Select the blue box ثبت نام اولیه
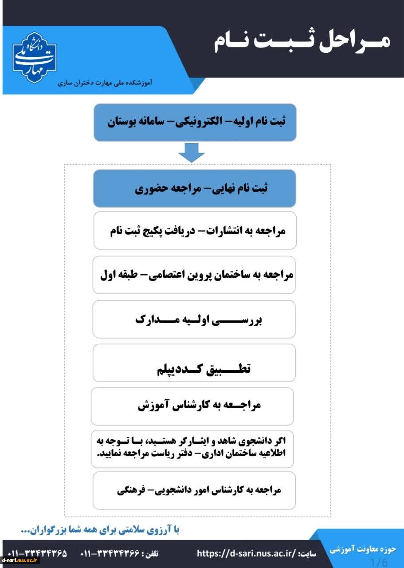pos(195,122)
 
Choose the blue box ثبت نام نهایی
pos(195,188)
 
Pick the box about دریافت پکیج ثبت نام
pos(195,231)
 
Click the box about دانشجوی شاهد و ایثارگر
pos(192,448)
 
